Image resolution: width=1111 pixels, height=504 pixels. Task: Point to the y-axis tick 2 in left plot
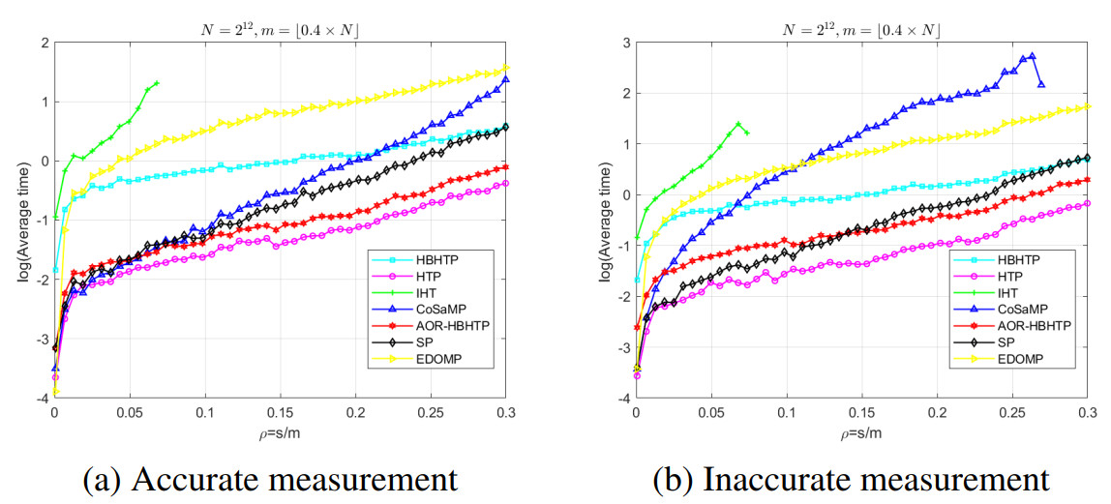pyautogui.click(x=42, y=43)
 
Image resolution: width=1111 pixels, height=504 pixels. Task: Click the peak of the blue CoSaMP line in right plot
pyautogui.click(x=1032, y=56)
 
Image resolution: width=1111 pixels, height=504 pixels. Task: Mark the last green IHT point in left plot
pyautogui.click(x=157, y=83)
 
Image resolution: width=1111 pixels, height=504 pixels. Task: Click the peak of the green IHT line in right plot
pyautogui.click(x=738, y=124)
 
